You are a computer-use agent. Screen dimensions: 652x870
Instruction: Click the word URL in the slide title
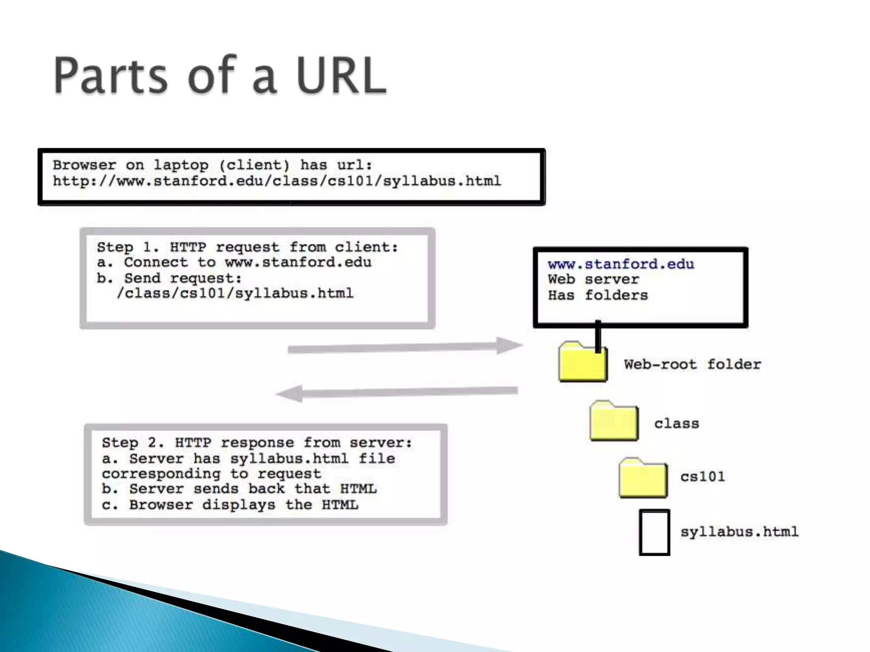pos(341,76)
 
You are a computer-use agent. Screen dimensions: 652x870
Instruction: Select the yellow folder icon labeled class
pos(614,421)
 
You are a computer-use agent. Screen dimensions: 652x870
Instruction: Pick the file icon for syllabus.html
pos(654,532)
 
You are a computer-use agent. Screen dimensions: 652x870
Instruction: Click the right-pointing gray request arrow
pos(404,347)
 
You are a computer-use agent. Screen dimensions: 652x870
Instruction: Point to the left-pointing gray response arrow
pos(397,393)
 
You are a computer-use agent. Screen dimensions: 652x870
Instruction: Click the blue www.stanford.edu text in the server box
pos(621,264)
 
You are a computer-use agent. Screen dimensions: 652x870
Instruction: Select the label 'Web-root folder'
pos(692,364)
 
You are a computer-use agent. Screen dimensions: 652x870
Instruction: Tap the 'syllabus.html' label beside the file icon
pos(739,531)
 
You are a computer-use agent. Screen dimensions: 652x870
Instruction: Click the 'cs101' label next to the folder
pos(703,476)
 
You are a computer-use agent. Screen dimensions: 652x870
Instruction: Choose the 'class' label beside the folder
pos(676,423)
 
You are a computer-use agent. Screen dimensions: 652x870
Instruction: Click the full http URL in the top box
pos(277,181)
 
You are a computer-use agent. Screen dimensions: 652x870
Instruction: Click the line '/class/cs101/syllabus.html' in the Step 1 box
pos(235,293)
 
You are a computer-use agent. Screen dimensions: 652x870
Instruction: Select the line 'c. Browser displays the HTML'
pos(230,505)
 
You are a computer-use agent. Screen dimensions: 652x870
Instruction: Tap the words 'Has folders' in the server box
pos(598,295)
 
